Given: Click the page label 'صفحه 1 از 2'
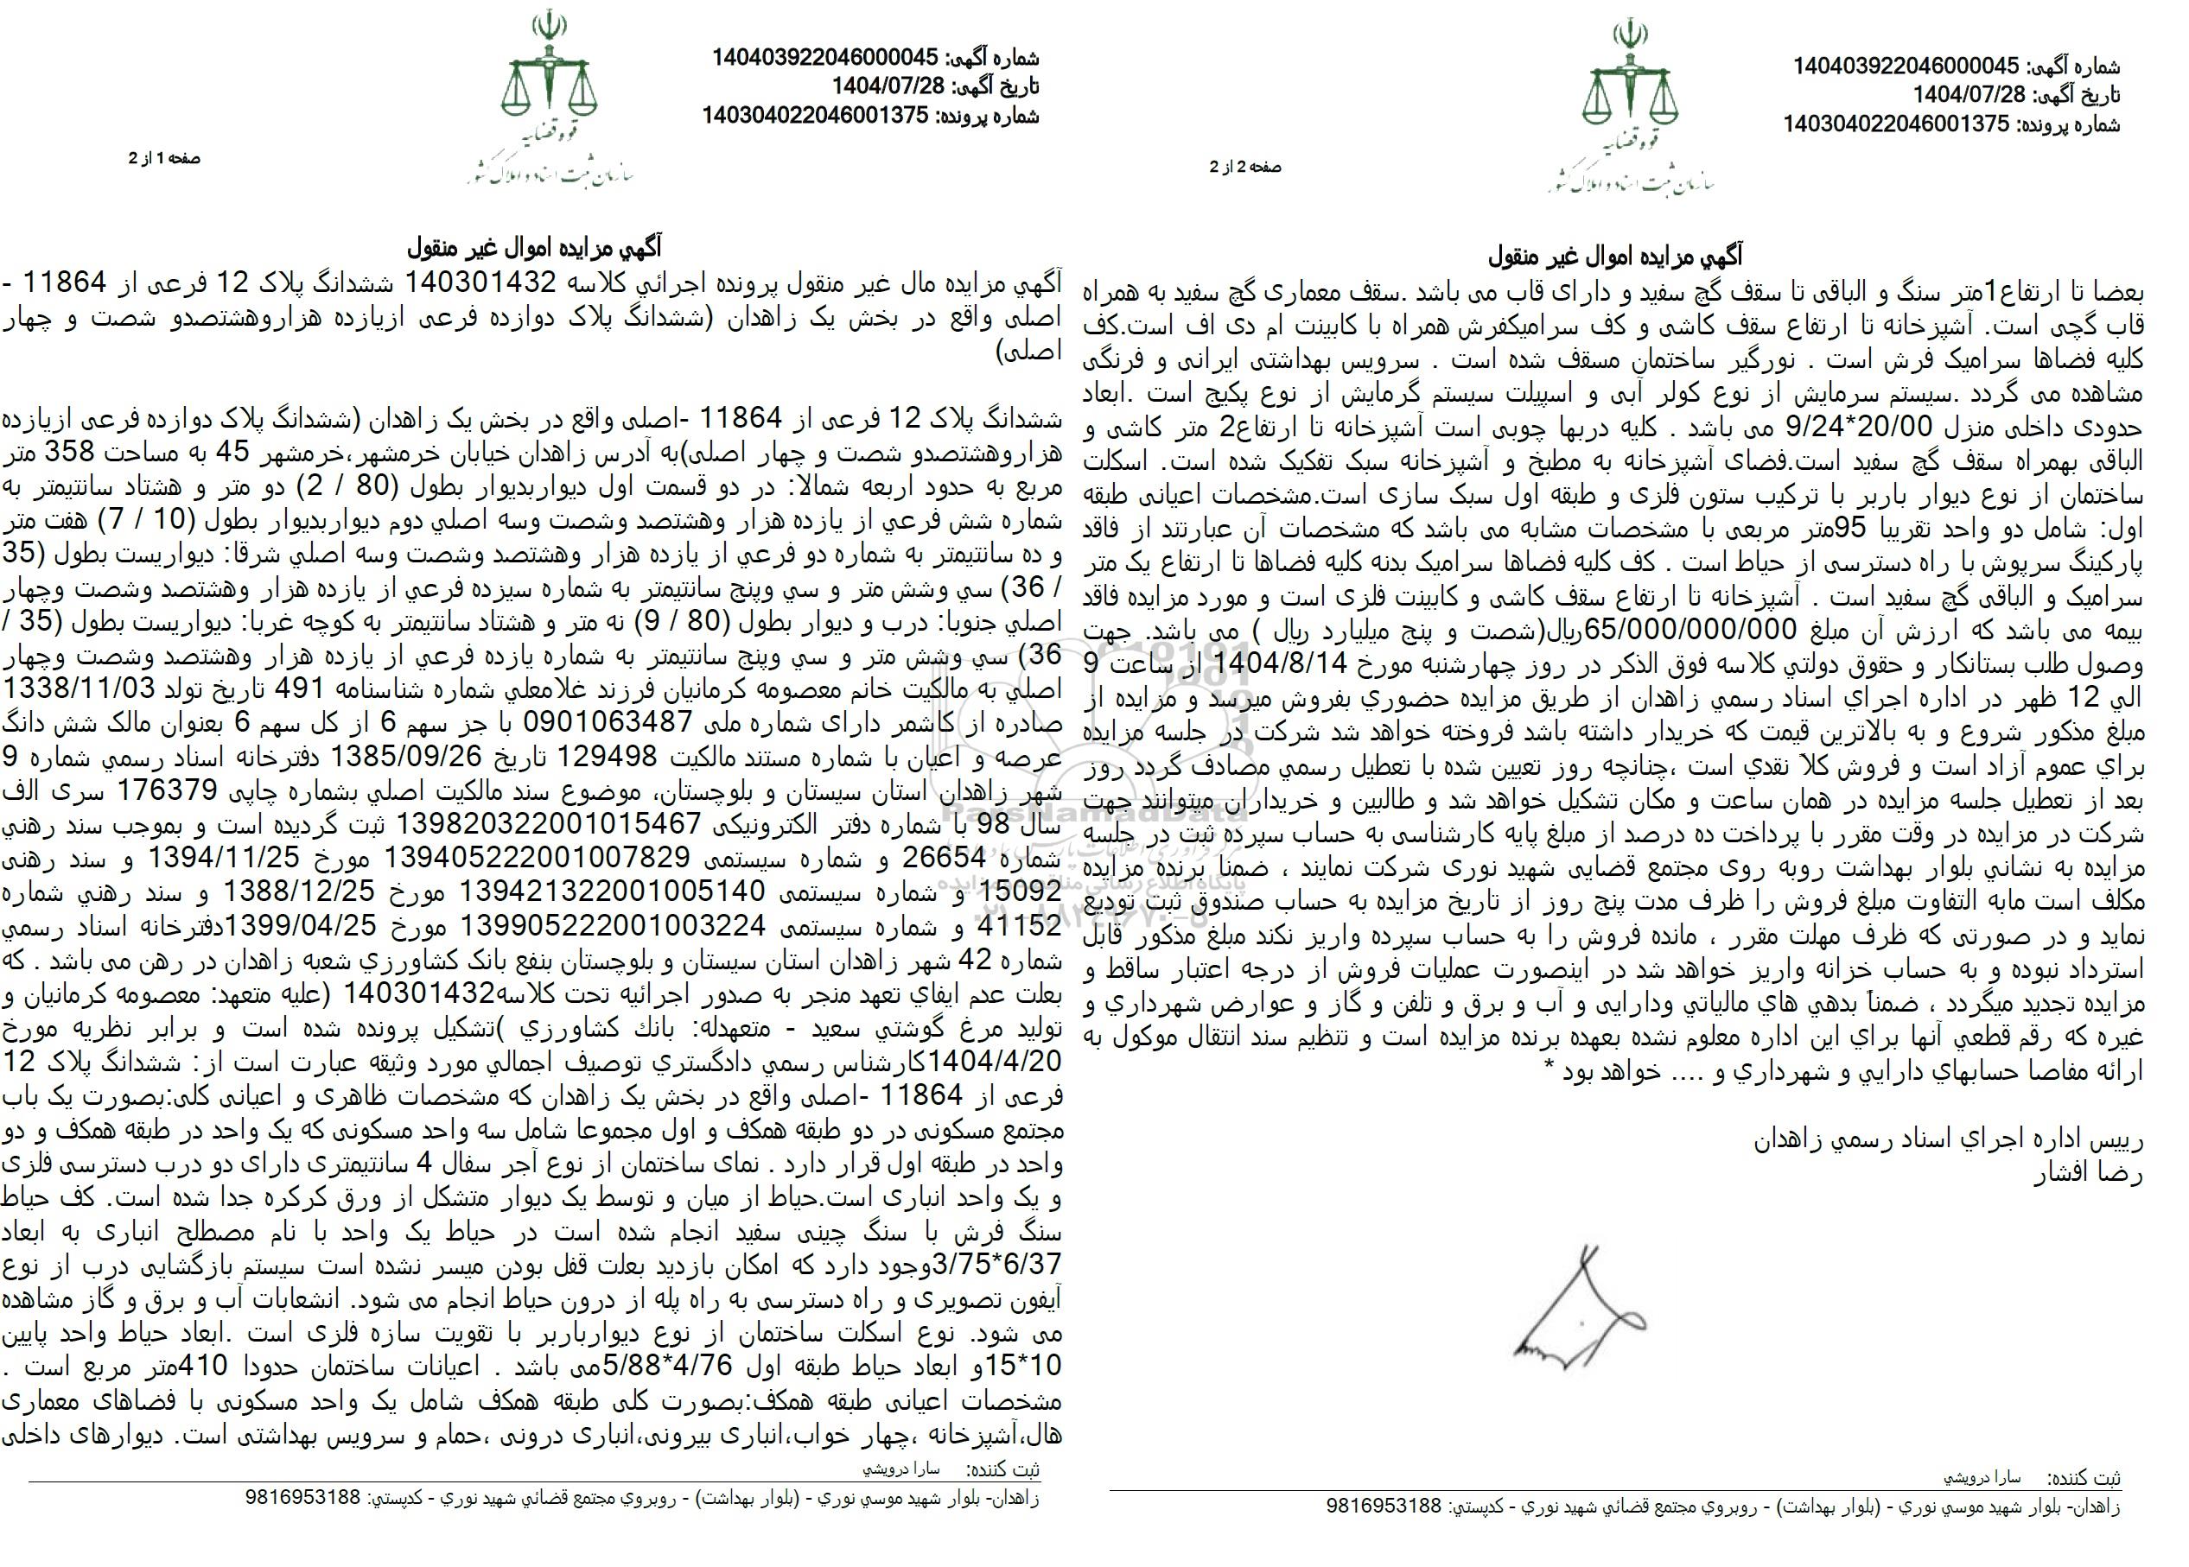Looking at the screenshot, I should tap(165, 159).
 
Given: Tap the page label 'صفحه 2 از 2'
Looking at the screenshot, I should tap(1246, 167).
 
